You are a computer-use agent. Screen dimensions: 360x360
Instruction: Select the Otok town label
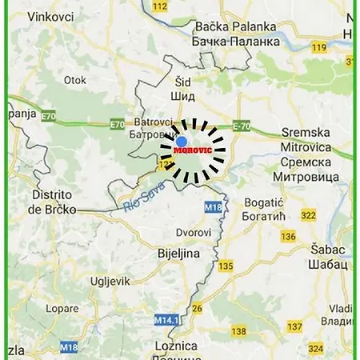click(75, 80)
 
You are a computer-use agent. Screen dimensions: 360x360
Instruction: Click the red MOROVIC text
click(192, 149)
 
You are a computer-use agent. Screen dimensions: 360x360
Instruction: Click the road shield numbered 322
click(309, 215)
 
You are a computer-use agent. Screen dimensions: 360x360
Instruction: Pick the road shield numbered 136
click(289, 236)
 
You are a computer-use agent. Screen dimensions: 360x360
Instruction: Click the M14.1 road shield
click(166, 319)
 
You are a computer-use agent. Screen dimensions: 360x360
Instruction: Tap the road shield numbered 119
click(319, 47)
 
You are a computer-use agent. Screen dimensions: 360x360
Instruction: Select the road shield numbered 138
click(238, 331)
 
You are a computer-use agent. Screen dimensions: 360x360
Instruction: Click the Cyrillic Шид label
click(182, 96)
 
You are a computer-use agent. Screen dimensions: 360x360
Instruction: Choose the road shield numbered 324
click(315, 349)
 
